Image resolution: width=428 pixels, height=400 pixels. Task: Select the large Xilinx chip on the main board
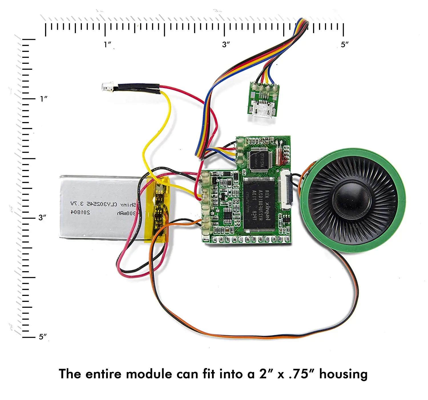259,205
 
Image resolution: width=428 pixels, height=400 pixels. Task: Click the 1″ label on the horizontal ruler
108,44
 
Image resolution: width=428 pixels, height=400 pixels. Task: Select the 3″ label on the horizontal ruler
226,44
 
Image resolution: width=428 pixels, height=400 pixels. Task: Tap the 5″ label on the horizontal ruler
345,45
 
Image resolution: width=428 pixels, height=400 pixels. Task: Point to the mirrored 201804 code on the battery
80,212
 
